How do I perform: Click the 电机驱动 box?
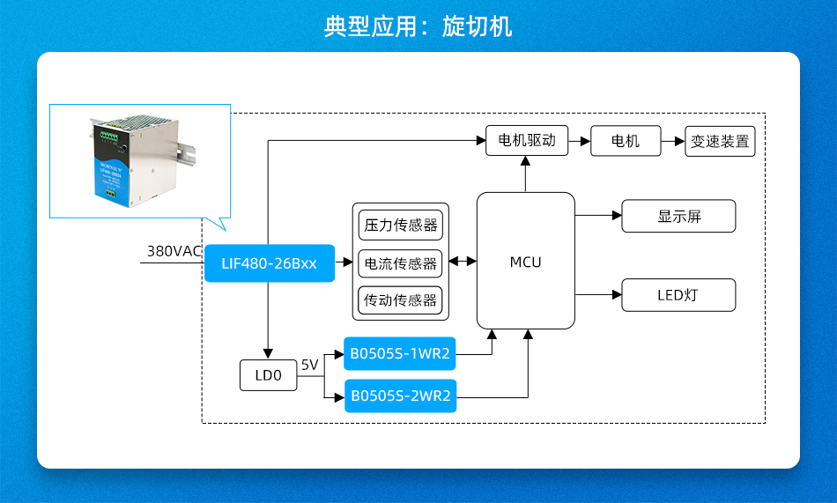coord(527,141)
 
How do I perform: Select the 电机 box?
coord(625,141)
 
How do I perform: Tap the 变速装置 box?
coord(720,141)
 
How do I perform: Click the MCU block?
coord(525,262)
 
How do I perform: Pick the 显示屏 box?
coord(678,216)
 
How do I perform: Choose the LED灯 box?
coord(678,295)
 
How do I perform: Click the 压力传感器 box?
coord(401,225)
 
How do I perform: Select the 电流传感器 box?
coord(401,263)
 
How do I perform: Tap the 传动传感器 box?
coord(401,300)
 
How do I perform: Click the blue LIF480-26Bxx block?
coord(270,263)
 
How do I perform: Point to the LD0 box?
coord(268,375)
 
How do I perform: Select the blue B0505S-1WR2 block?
coord(400,355)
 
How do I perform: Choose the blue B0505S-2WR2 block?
coord(400,396)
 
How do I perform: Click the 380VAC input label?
coord(174,251)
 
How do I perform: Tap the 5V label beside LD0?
coord(309,365)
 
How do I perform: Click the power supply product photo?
coord(139,160)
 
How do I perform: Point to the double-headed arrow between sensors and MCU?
coord(463,262)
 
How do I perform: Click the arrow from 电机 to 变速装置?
coord(673,141)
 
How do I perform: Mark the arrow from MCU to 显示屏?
coord(598,215)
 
